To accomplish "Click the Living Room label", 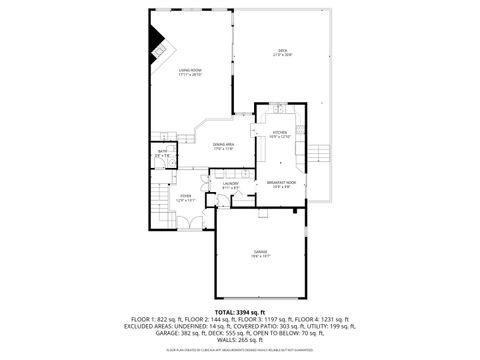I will tap(190, 73).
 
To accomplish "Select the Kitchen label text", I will tap(280, 134).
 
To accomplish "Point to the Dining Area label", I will tap(223, 147).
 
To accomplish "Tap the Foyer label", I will tap(186, 198).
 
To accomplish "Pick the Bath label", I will tap(164, 154).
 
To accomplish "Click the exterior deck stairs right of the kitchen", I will tap(318, 153).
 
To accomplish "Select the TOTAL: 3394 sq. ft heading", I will tap(239, 312).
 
